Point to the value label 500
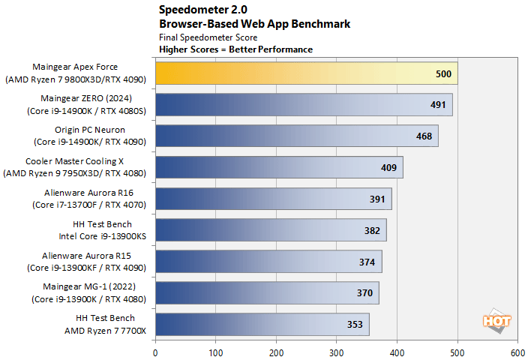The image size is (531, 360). [442, 74]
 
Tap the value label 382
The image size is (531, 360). [373, 230]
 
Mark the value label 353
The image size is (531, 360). [355, 325]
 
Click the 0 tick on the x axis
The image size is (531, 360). [155, 351]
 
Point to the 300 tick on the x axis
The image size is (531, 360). [337, 351]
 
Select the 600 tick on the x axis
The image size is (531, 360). [517, 351]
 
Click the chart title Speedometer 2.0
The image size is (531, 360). [198, 10]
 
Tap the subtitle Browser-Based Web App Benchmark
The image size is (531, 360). [254, 23]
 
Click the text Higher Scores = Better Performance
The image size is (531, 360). [235, 49]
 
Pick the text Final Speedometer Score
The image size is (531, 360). [208, 37]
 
